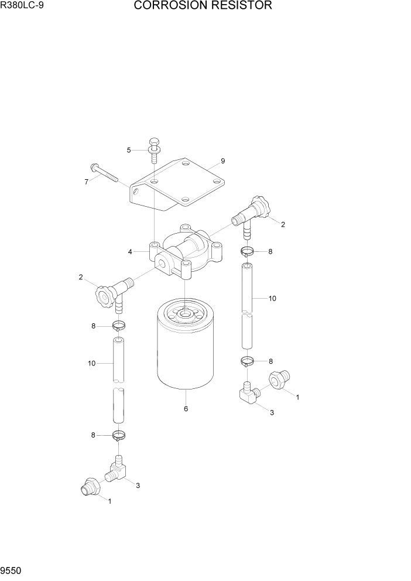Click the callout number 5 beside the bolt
click(x=129, y=150)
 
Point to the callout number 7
click(x=86, y=182)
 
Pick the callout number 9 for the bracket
click(x=223, y=160)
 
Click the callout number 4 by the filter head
click(x=130, y=252)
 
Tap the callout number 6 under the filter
click(x=186, y=409)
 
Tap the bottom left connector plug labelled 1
click(x=90, y=487)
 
